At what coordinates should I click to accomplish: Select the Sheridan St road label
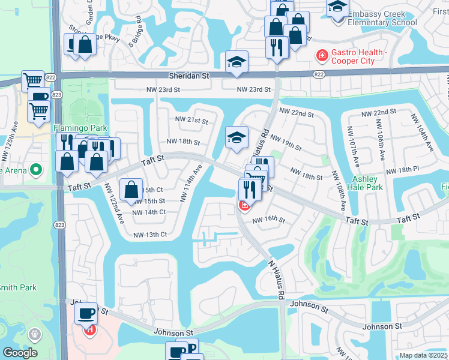pyautogui.click(x=188, y=76)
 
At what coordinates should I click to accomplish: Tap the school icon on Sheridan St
pyautogui.click(x=237, y=62)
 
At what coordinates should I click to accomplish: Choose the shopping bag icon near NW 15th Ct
pyautogui.click(x=131, y=190)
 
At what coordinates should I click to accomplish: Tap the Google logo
pyautogui.click(x=20, y=353)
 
